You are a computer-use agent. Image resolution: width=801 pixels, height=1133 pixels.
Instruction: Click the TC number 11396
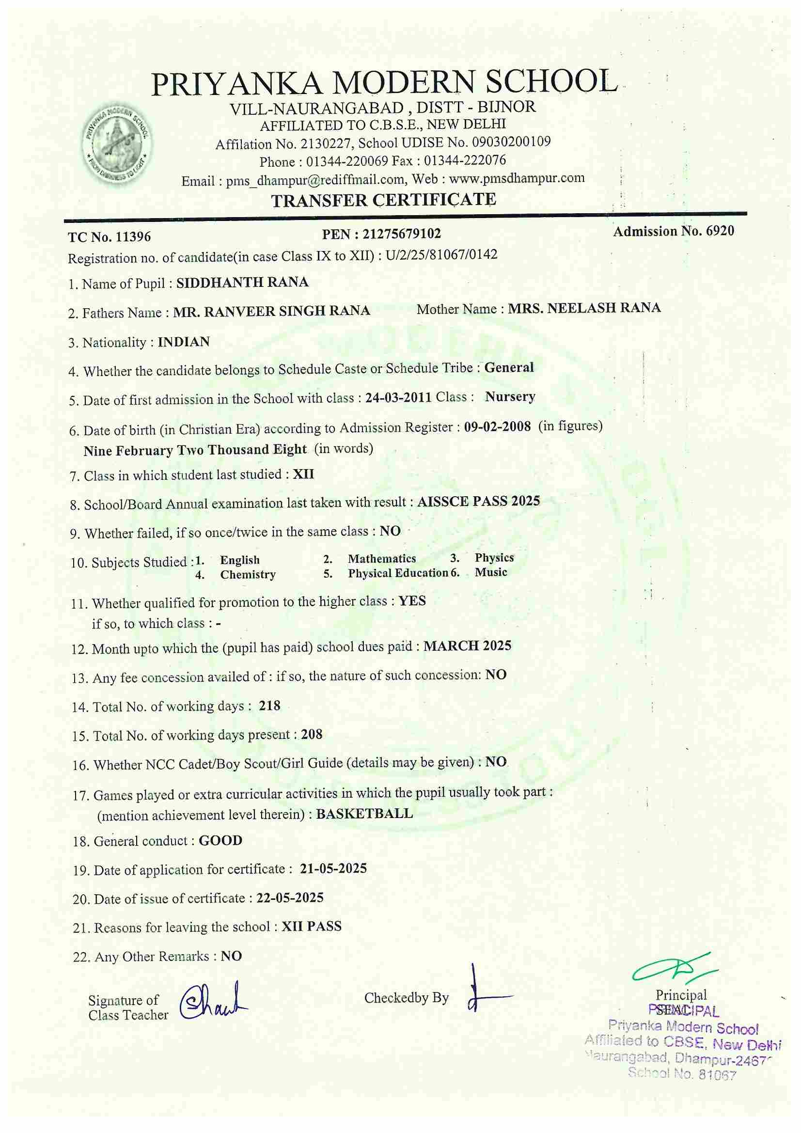(x=133, y=237)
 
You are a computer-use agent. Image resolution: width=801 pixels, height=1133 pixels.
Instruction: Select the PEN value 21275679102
(x=402, y=234)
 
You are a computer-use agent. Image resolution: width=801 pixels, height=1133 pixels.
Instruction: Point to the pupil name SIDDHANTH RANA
(x=242, y=282)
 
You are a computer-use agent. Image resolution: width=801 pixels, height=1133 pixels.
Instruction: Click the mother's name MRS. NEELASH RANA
(x=584, y=308)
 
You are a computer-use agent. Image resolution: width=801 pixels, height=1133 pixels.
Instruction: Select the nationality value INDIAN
(x=184, y=342)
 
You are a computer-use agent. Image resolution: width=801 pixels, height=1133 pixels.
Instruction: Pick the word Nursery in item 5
(x=510, y=397)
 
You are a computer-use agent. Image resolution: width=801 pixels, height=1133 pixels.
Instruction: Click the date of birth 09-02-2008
(x=498, y=426)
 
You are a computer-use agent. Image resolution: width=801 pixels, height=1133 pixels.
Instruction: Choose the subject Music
(x=491, y=572)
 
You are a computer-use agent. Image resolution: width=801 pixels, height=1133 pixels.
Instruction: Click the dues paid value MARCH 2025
(x=468, y=646)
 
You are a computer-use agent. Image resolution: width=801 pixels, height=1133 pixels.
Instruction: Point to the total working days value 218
(x=269, y=706)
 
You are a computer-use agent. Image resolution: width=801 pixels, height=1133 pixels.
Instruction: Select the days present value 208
(x=312, y=735)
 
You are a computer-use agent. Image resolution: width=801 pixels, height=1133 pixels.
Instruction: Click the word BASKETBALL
(x=364, y=814)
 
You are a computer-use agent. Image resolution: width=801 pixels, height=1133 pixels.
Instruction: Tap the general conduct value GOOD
(x=220, y=841)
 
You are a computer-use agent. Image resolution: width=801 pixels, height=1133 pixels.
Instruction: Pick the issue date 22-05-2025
(x=290, y=897)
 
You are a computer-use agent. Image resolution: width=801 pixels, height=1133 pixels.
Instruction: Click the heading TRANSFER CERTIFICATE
(x=384, y=200)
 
